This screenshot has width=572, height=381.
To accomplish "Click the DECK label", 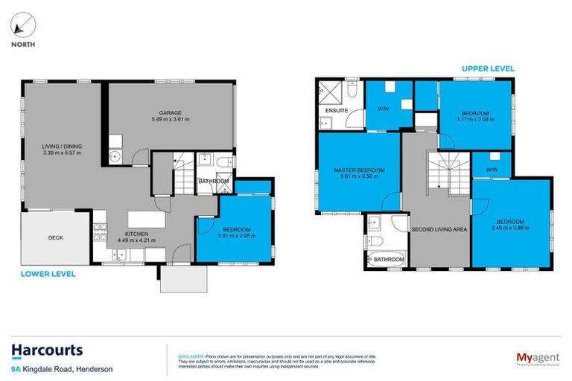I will pos(56,238).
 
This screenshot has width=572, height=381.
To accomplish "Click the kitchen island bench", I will pos(144,220).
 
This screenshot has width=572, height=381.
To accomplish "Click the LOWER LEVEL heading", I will pos(49,273).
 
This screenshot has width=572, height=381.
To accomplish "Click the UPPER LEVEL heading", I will pos(489,68).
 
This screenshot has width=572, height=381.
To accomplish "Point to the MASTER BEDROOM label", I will pos(359,170).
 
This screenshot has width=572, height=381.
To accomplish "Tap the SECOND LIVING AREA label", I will pos(439,229).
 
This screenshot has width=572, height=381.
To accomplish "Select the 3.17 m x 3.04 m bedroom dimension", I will pos(474,118).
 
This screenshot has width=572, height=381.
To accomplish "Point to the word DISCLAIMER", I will pos(191,356).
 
